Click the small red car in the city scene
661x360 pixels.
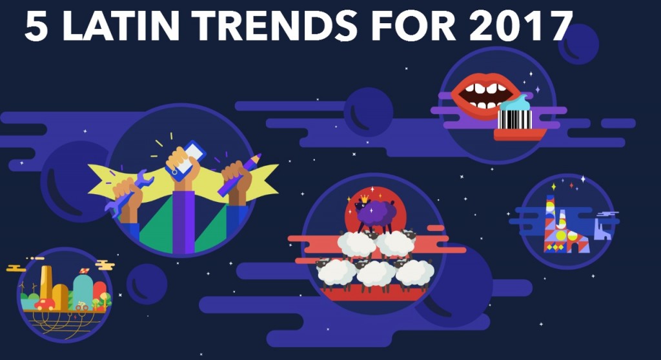tap(45, 305)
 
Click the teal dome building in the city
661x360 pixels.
tap(83, 292)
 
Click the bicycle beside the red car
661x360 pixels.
tap(81, 306)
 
